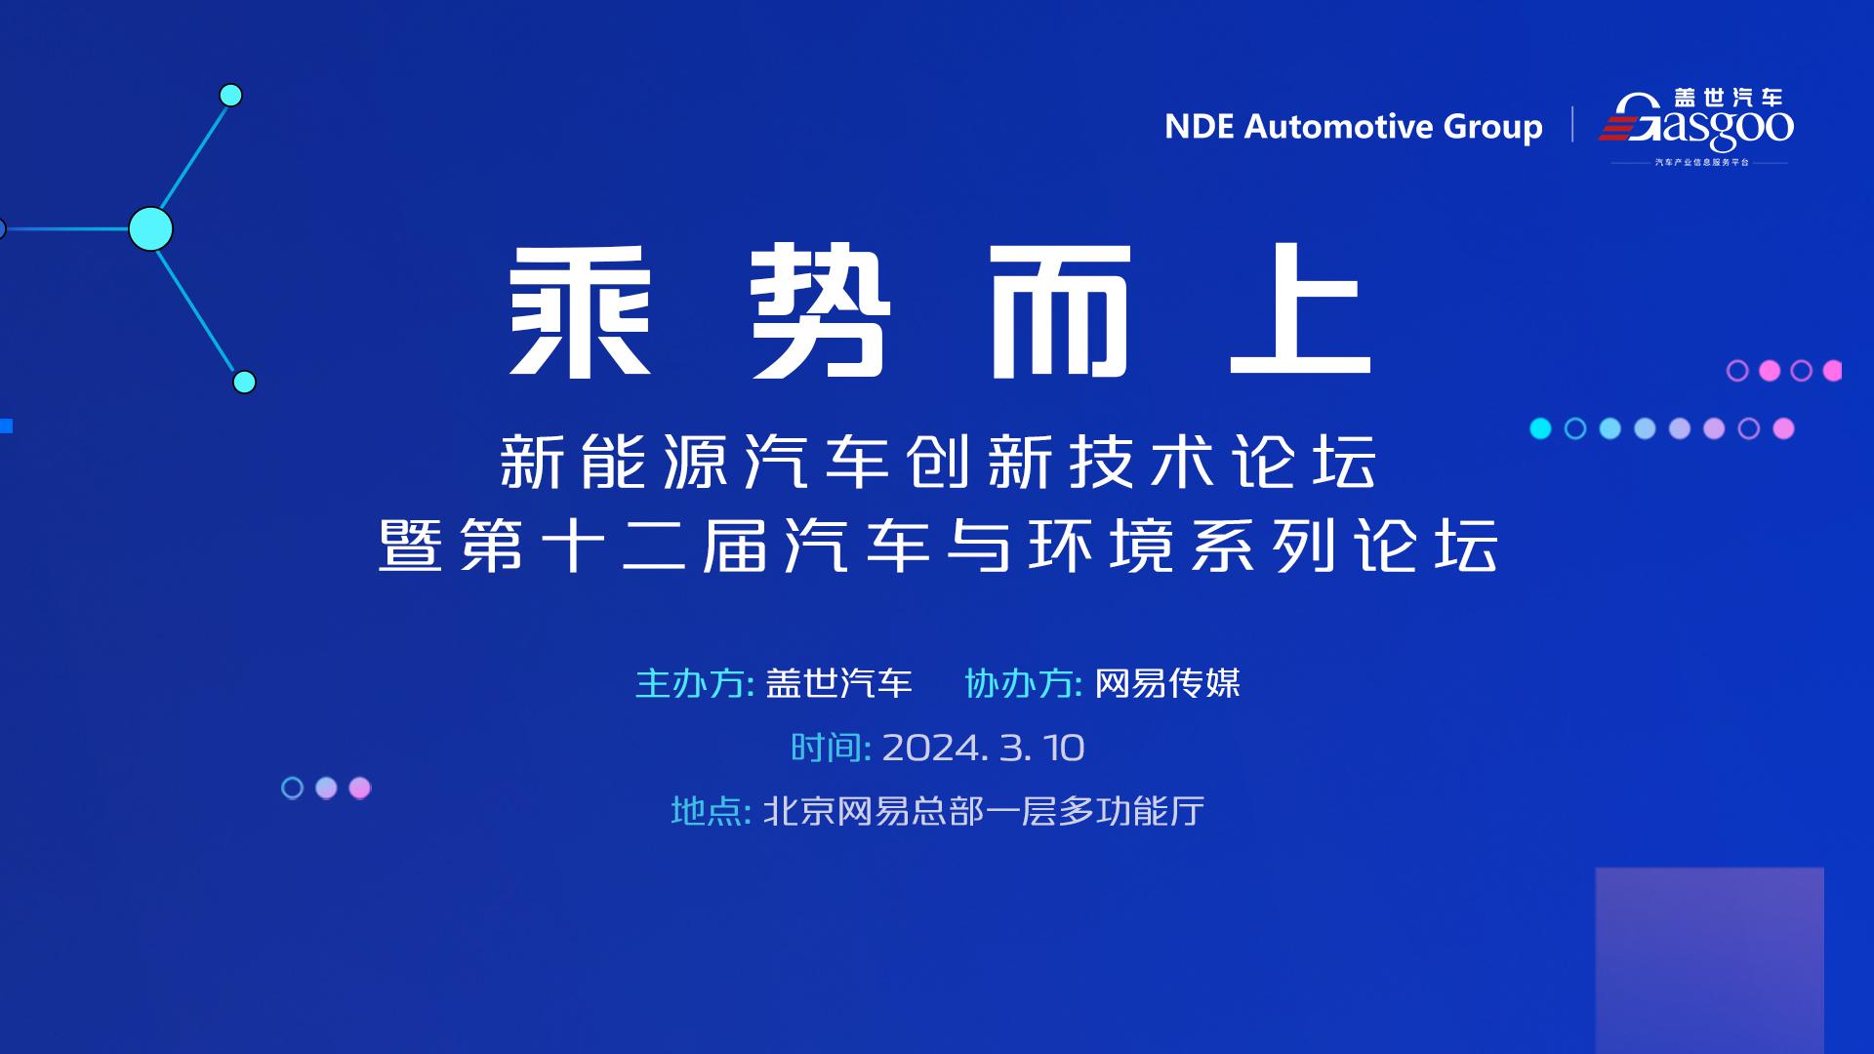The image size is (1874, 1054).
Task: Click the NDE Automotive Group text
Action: pos(1354,127)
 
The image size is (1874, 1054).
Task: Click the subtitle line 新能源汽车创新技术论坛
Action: pos(938,462)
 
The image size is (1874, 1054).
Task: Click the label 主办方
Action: pos(690,683)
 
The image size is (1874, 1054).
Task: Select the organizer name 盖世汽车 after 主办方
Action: pos(838,683)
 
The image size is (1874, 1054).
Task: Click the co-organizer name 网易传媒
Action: pos(1167,683)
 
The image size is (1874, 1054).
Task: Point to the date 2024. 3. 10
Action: pos(983,748)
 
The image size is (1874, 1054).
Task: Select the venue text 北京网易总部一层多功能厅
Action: pos(984,811)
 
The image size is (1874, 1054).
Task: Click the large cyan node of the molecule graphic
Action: pos(150,228)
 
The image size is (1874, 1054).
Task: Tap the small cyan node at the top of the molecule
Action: pos(231,95)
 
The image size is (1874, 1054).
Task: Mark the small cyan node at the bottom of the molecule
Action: pos(245,382)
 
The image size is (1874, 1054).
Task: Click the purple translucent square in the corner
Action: pos(1710,960)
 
